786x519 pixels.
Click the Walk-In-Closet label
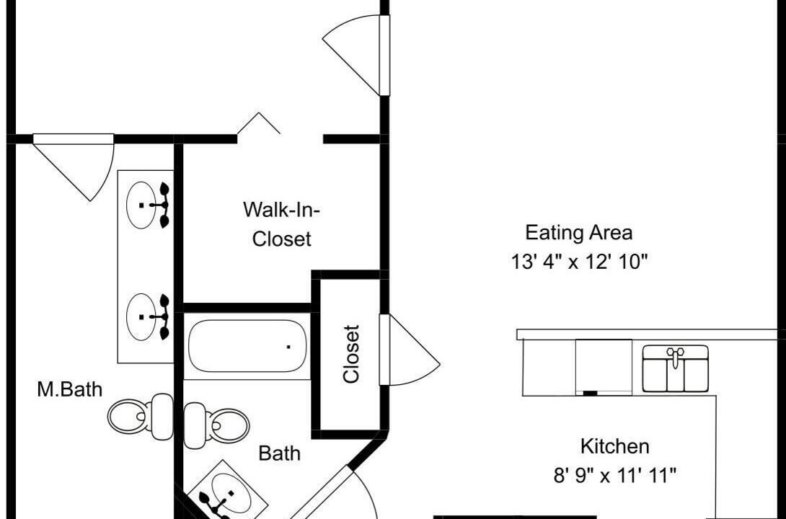point(282,224)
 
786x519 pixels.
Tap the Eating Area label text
point(579,233)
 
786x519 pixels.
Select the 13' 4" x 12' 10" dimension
point(580,262)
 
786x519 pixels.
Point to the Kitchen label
point(615,446)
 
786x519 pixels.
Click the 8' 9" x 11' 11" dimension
point(615,475)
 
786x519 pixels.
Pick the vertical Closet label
point(351,355)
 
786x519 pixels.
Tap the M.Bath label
point(70,389)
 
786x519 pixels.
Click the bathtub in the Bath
point(247,346)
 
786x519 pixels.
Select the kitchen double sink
point(676,368)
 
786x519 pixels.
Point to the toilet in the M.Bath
point(141,417)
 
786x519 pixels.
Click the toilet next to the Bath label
point(216,425)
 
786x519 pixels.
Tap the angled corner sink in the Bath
point(226,490)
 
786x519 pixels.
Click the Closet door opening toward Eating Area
point(410,350)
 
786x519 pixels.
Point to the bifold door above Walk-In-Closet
point(259,123)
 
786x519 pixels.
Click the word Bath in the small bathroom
point(280,453)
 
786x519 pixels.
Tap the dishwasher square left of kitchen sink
point(604,368)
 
